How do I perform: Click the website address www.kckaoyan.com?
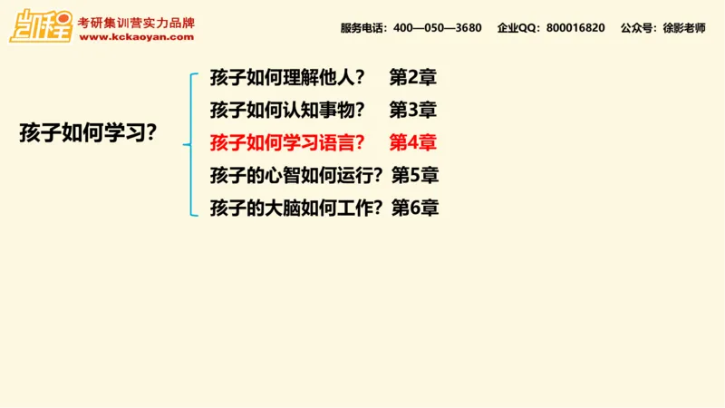tap(136, 37)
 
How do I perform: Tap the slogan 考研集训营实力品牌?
tap(137, 22)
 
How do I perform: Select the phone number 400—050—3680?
tap(438, 28)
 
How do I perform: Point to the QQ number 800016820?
tap(575, 28)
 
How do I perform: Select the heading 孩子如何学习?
tap(89, 132)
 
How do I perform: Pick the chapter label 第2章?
tap(413, 77)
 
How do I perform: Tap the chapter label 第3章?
tap(413, 110)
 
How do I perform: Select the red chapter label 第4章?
tap(413, 142)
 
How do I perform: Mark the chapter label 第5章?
tap(415, 175)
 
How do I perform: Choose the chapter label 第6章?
tap(415, 208)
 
